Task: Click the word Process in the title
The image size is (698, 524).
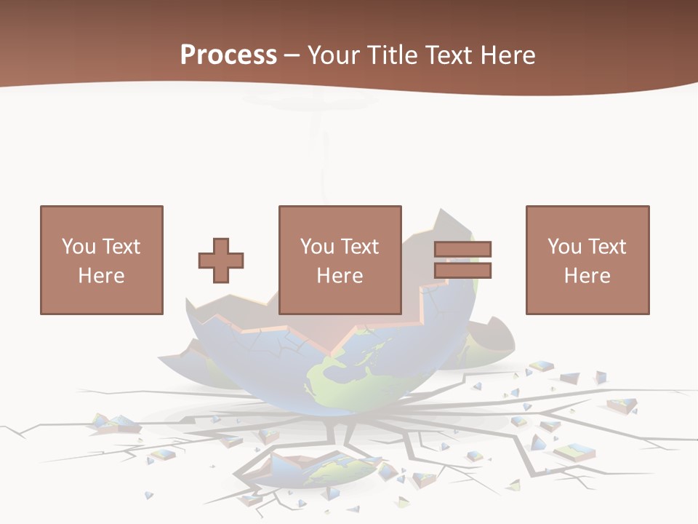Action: pyautogui.click(x=228, y=55)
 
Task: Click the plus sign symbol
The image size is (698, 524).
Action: pyautogui.click(x=221, y=260)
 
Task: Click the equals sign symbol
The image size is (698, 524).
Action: pyautogui.click(x=462, y=260)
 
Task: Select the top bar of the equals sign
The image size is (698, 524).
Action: pyautogui.click(x=462, y=250)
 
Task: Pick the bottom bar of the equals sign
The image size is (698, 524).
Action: pyautogui.click(x=462, y=270)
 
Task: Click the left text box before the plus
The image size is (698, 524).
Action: pyautogui.click(x=102, y=260)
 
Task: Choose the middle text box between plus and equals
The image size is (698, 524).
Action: pyautogui.click(x=340, y=260)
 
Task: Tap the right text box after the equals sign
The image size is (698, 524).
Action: pyautogui.click(x=587, y=260)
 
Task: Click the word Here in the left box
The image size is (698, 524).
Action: pyautogui.click(x=102, y=276)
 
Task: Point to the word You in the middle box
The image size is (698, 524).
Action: pyautogui.click(x=317, y=247)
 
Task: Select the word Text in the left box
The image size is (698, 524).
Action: pyautogui.click(x=121, y=247)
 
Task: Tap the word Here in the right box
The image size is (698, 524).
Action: pyautogui.click(x=587, y=276)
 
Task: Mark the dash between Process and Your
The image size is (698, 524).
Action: pyautogui.click(x=292, y=56)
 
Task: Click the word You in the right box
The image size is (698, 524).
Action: pyautogui.click(x=564, y=247)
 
